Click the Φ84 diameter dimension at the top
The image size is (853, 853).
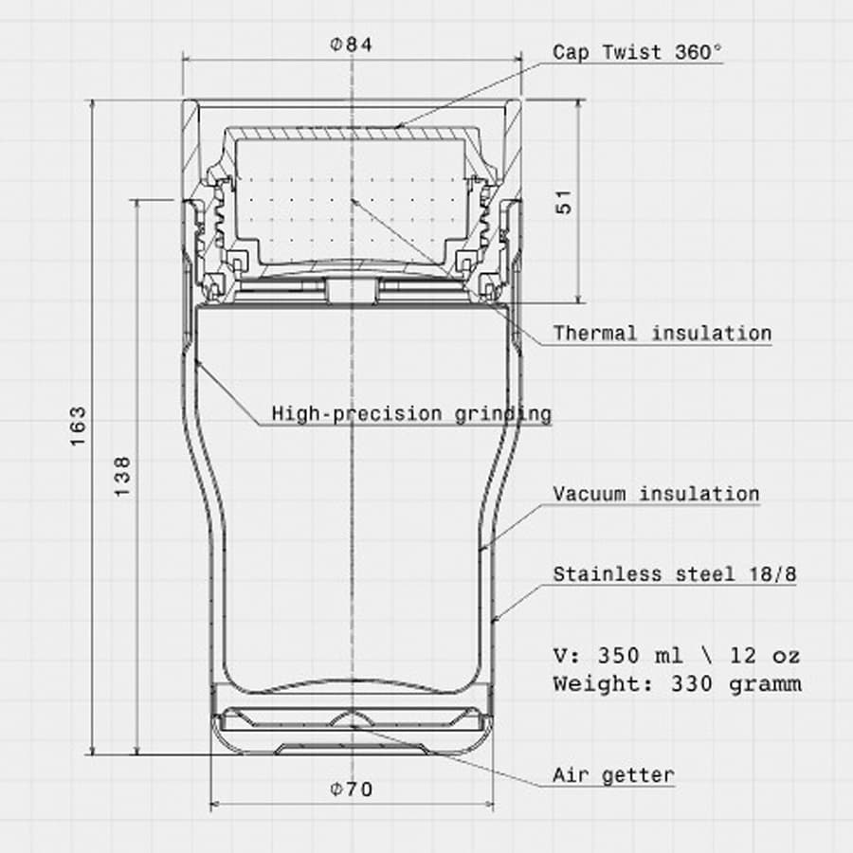click(351, 45)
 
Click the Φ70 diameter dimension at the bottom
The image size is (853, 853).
click(351, 789)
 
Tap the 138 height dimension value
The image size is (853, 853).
click(123, 477)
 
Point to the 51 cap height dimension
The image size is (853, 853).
click(566, 201)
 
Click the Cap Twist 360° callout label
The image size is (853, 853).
click(638, 52)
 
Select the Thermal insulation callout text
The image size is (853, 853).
click(662, 334)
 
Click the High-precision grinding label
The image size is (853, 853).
click(411, 413)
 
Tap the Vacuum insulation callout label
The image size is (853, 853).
click(657, 494)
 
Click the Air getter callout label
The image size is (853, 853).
click(614, 774)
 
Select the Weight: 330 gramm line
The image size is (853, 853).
click(677, 683)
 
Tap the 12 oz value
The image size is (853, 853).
click(765, 656)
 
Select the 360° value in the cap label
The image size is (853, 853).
click(699, 52)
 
